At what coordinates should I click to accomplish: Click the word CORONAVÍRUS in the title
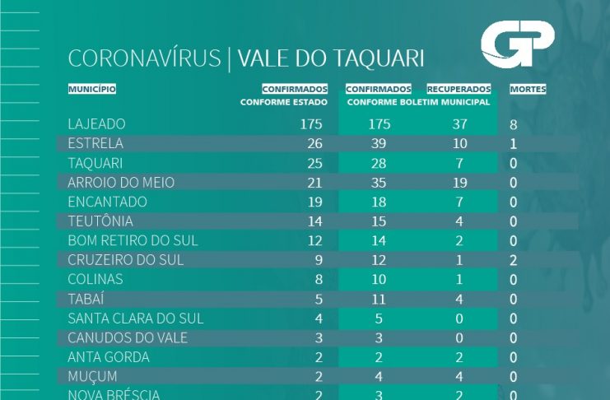[x=145, y=58]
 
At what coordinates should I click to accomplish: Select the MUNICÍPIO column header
[x=91, y=89]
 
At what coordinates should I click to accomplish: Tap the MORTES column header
[x=528, y=89]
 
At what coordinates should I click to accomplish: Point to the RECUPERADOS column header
[x=459, y=89]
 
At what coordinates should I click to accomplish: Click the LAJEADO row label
[x=96, y=124]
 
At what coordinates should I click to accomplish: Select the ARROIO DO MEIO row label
[x=121, y=182]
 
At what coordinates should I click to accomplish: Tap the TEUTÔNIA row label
[x=100, y=221]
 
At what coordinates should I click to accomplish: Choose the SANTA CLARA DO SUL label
[x=135, y=319]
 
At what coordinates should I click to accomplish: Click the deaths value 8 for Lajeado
[x=514, y=125]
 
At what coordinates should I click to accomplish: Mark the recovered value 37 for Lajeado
[x=459, y=124]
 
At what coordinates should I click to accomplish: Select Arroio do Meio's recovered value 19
[x=459, y=182]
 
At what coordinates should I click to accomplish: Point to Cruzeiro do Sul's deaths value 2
[x=514, y=260]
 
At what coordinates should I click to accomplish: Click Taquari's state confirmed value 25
[x=314, y=163]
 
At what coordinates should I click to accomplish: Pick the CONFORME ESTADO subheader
[x=284, y=103]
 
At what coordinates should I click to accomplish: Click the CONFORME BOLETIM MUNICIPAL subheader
[x=418, y=103]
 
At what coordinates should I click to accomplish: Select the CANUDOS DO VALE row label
[x=128, y=338]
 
